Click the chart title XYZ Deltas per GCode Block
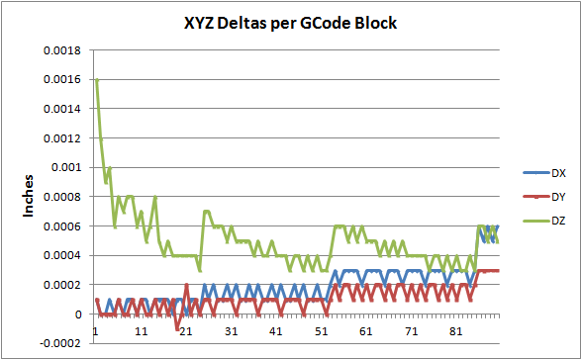pyautogui.click(x=290, y=23)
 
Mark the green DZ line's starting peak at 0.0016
pyautogui.click(x=97, y=79)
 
